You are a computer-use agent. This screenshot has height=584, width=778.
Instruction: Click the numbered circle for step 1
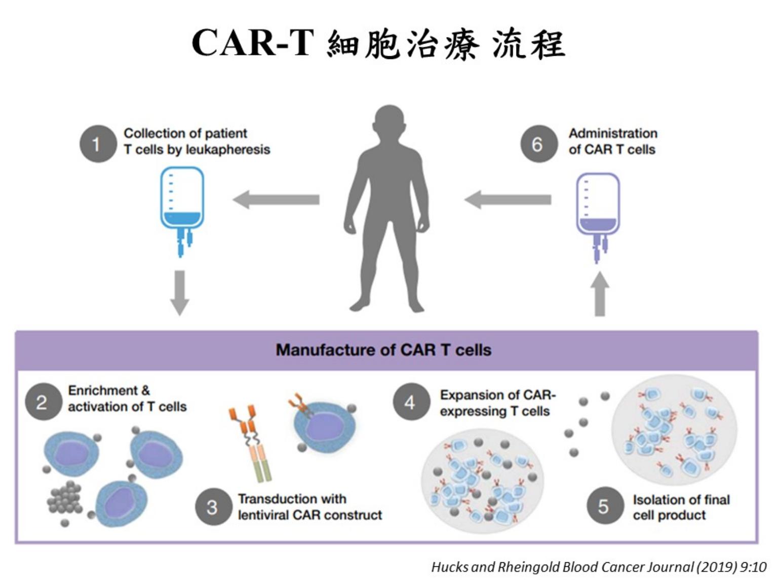point(98,144)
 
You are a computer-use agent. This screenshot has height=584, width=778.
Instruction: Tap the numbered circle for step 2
point(42,403)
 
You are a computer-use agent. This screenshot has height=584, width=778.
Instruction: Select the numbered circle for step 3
point(213,506)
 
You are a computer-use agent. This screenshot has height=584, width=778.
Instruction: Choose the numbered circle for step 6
point(538,144)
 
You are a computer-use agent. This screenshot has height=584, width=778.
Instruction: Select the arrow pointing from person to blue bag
point(276,199)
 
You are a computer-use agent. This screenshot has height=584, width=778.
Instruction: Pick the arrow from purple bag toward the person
point(508,199)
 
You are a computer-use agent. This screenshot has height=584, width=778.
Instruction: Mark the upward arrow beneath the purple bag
point(600,294)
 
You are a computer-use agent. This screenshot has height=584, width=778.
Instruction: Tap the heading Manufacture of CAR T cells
point(383,350)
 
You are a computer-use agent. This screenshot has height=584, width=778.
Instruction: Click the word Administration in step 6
point(613,133)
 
